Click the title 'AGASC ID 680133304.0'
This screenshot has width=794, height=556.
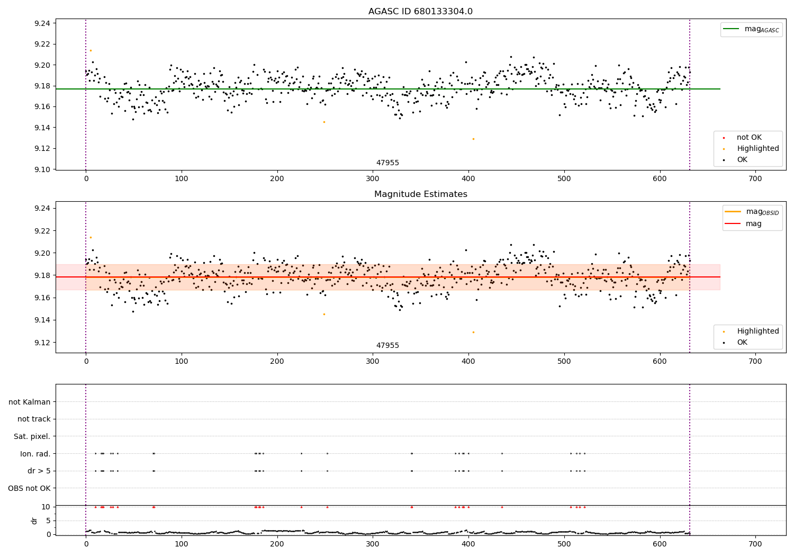pos(420,12)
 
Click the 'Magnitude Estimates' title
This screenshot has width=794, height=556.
pos(420,194)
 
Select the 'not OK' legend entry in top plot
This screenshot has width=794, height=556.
pos(749,138)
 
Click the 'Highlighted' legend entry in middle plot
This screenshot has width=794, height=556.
pos(757,331)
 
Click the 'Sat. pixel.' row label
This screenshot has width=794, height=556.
pos(32,436)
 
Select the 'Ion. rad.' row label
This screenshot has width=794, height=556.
pos(35,454)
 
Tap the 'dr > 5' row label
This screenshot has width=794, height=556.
pos(39,471)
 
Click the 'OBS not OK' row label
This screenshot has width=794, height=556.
pos(29,488)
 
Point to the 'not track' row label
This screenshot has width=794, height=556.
pos(34,419)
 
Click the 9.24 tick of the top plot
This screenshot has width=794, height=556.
pos(42,23)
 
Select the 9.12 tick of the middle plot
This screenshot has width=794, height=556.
pos(42,343)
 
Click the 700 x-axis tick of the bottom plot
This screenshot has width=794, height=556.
pos(755,544)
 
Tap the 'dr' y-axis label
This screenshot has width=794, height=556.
pos(34,521)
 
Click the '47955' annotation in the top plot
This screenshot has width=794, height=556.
pos(387,163)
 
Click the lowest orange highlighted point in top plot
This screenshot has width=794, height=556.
pos(473,139)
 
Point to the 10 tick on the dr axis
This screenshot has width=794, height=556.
pos(46,507)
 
